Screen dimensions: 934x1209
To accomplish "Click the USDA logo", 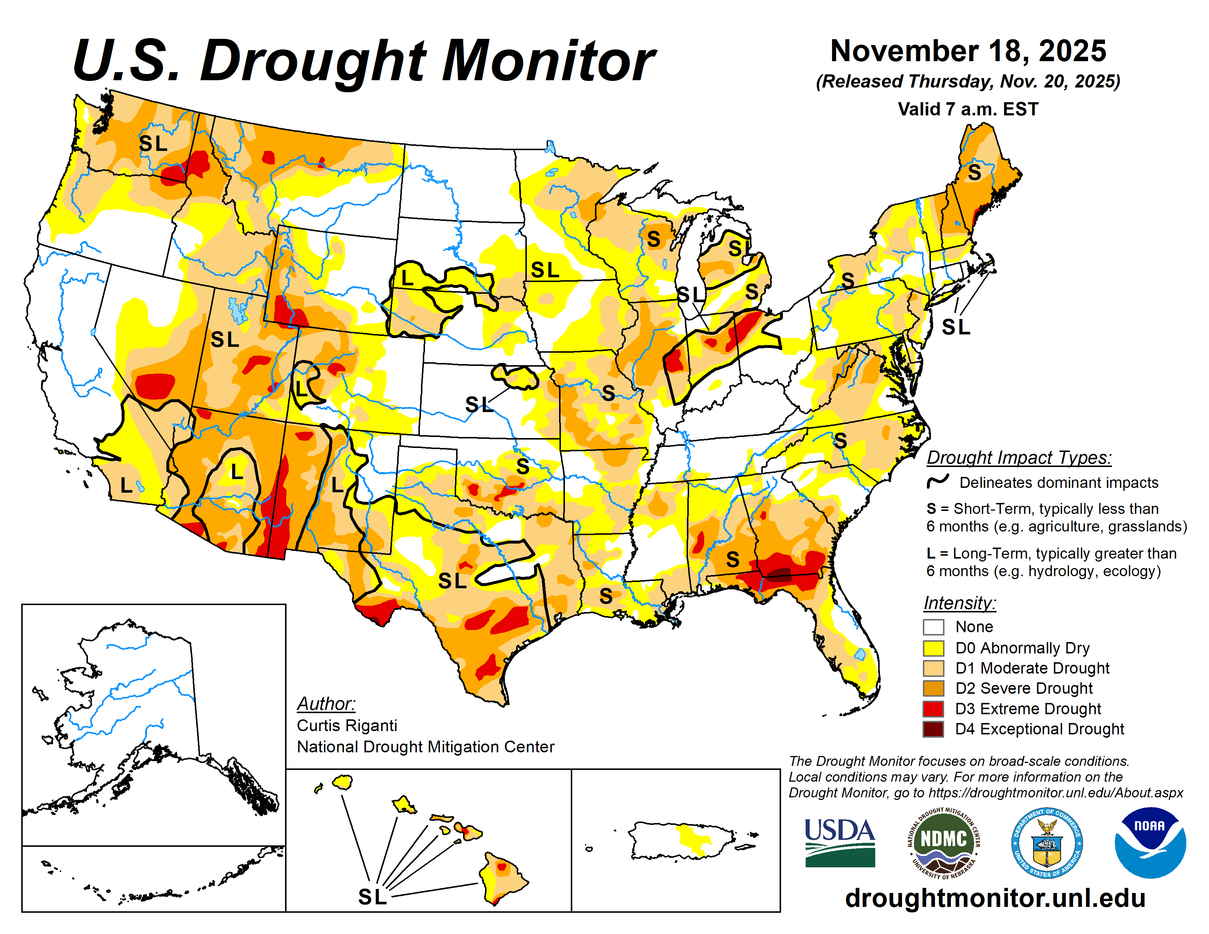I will click(839, 842).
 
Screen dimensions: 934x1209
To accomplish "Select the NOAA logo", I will click(1150, 842).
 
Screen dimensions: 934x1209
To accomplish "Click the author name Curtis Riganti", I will click(347, 725).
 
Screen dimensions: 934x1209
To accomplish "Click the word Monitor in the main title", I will click(548, 61).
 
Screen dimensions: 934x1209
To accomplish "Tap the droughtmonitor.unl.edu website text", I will click(995, 897).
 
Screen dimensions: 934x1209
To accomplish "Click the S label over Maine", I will click(974, 173).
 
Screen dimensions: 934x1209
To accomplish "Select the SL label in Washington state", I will click(153, 143).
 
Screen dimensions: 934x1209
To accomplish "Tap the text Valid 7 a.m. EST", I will click(968, 109).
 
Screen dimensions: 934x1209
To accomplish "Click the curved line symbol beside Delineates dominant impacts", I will click(938, 481).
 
